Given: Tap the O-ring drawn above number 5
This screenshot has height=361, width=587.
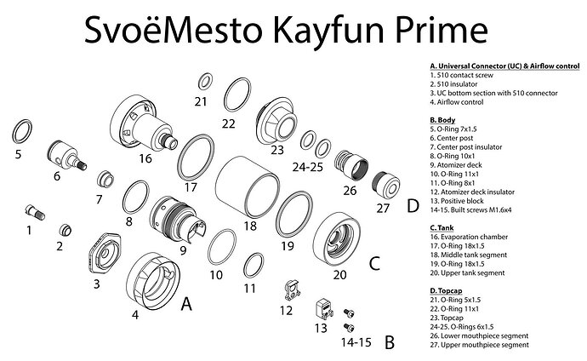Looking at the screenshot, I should pos(24,132).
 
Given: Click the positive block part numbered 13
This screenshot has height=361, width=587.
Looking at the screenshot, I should pos(322,307).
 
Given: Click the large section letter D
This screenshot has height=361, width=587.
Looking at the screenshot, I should pos(412,205).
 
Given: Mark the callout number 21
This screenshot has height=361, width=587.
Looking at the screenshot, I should pos(201,101).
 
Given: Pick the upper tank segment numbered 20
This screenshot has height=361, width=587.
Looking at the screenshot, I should pos(332,238).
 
